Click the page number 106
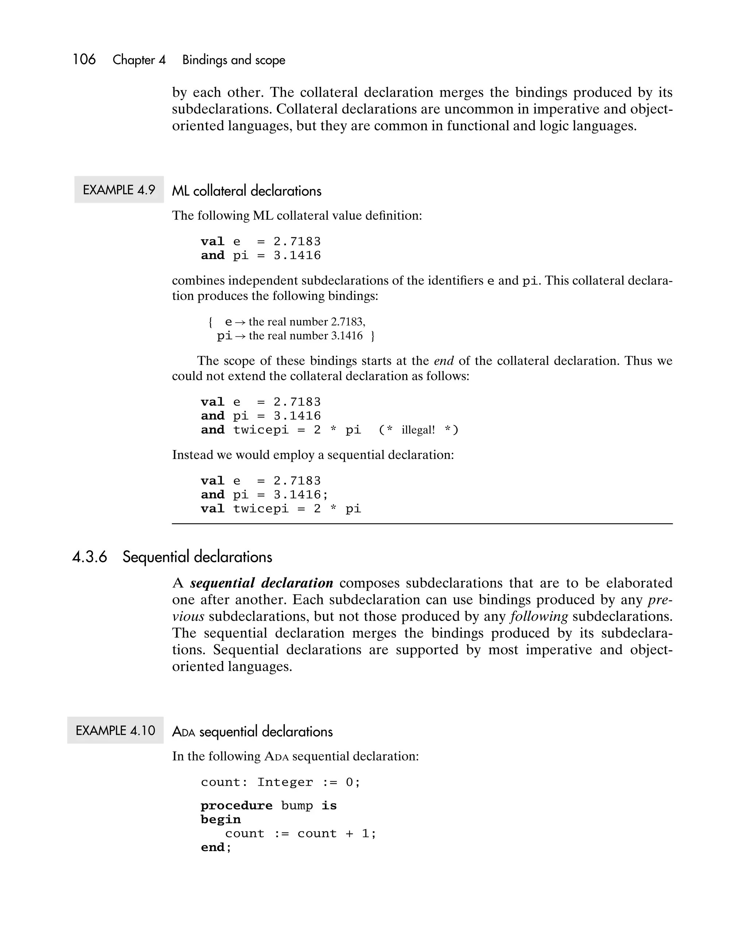click(84, 59)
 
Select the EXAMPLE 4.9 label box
click(119, 190)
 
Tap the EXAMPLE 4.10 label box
click(115, 730)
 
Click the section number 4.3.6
click(89, 557)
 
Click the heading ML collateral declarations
click(246, 191)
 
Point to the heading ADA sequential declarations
click(252, 732)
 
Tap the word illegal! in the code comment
click(418, 430)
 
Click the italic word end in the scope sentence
click(444, 361)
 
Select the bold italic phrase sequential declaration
click(262, 583)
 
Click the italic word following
click(539, 617)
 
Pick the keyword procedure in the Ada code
click(236, 806)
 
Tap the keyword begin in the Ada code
click(220, 820)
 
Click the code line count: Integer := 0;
click(280, 782)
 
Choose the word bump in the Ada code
click(297, 806)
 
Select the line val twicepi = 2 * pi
click(281, 509)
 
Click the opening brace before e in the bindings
click(210, 322)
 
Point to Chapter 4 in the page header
click(139, 60)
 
